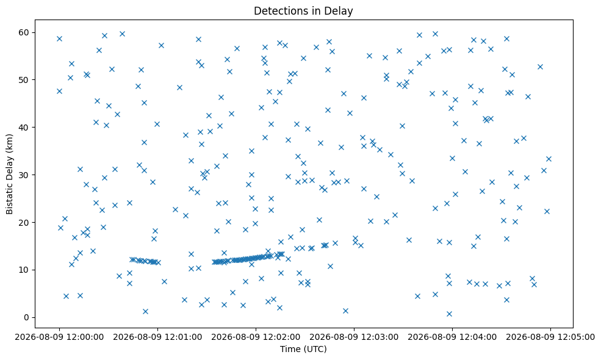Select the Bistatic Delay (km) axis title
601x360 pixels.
(x=10, y=174)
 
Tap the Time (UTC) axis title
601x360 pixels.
(x=303, y=349)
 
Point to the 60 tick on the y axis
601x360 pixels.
(x=24, y=32)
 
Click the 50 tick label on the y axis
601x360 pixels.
(x=24, y=80)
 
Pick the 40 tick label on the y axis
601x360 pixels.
(x=24, y=128)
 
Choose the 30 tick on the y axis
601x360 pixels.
(x=24, y=175)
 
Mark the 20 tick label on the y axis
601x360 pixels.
(x=24, y=222)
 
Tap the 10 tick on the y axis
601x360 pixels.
(x=24, y=270)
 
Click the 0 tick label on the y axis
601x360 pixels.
(x=26, y=317)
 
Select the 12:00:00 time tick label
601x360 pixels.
(x=59, y=337)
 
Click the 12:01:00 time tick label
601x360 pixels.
(x=157, y=337)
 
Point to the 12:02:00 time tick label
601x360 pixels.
(x=256, y=337)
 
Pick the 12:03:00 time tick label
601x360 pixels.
(x=354, y=337)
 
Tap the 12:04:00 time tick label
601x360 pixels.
(x=452, y=337)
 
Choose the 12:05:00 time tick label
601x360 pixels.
(x=550, y=337)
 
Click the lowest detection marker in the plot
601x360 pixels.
(x=449, y=314)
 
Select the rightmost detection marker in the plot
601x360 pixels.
(x=549, y=159)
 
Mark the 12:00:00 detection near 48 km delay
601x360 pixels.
(x=59, y=92)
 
